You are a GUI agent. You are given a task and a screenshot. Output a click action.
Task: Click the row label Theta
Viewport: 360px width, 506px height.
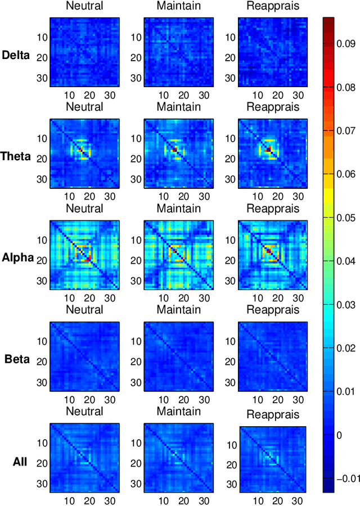tap(17, 156)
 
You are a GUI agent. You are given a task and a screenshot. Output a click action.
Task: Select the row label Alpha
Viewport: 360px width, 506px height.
tap(17, 258)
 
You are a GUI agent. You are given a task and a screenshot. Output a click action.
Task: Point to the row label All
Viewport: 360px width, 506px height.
tap(20, 462)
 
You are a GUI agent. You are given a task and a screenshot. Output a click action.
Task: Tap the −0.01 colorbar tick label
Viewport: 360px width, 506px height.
tap(344, 478)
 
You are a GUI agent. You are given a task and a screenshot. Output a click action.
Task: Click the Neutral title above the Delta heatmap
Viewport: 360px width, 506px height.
tap(84, 6)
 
